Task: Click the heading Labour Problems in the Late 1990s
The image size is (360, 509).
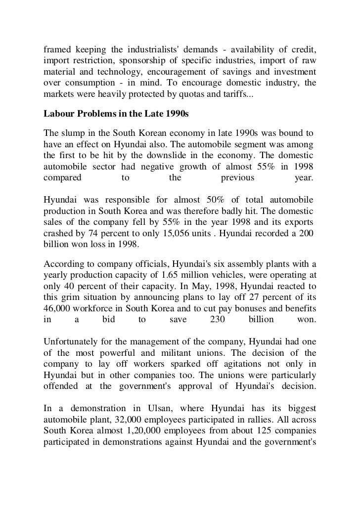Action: tap(116, 113)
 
